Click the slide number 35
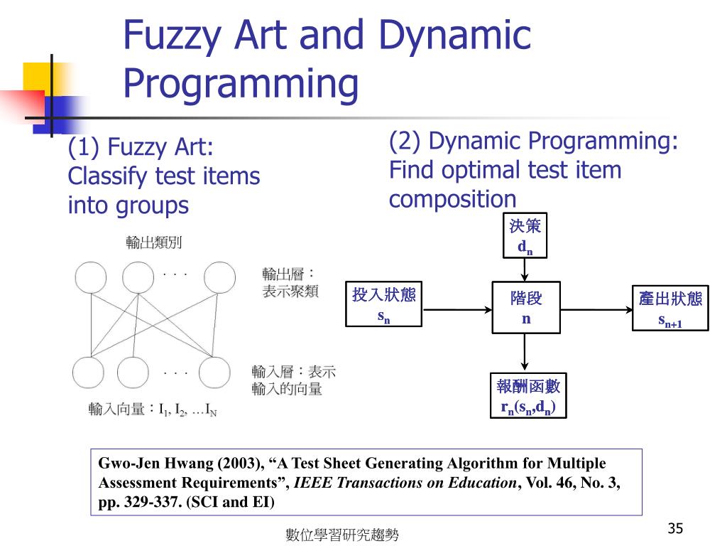(x=675, y=528)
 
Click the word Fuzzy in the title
(x=170, y=35)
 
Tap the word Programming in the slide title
(x=241, y=83)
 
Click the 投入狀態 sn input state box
(x=383, y=305)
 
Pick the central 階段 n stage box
(x=525, y=308)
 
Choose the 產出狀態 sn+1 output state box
(x=670, y=308)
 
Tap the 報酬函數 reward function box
(x=528, y=396)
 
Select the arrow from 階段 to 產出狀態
(x=596, y=309)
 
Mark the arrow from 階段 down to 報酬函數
(x=525, y=353)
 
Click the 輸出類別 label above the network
(x=154, y=242)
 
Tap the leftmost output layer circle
(x=90, y=278)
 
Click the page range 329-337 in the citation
(x=151, y=501)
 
